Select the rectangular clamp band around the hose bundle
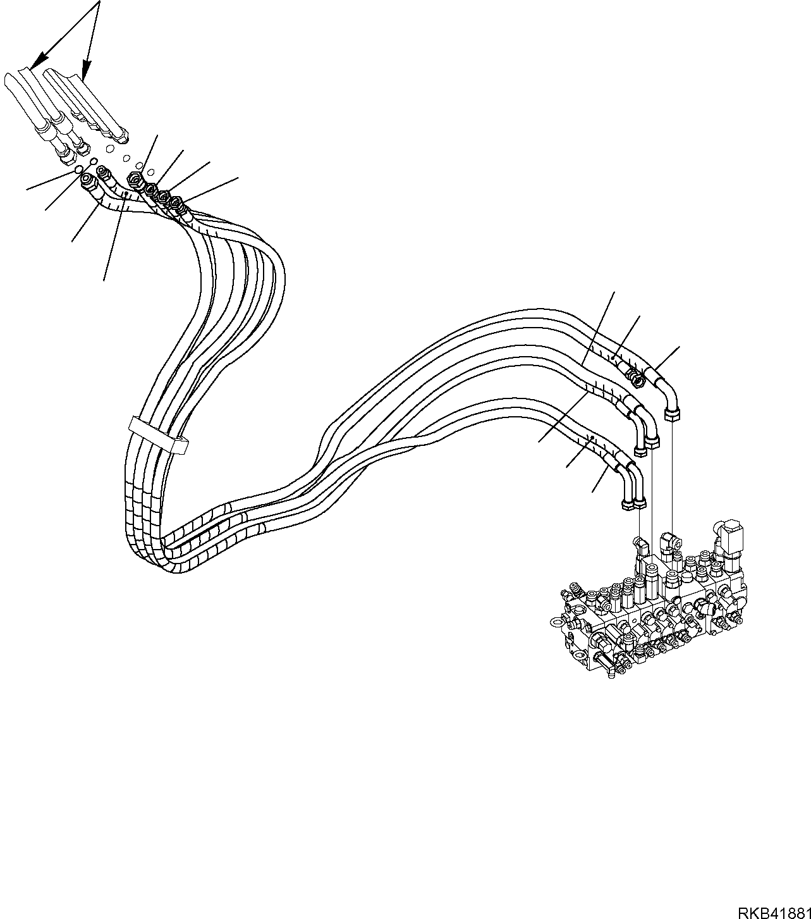click(x=159, y=435)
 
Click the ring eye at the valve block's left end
click(x=559, y=621)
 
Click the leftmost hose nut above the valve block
click(x=628, y=504)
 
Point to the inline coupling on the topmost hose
click(x=635, y=378)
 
